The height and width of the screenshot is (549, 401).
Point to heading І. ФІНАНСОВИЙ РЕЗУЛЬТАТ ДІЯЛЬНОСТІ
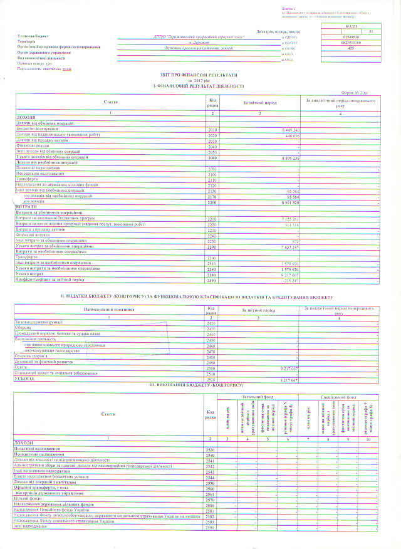click(x=197, y=85)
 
